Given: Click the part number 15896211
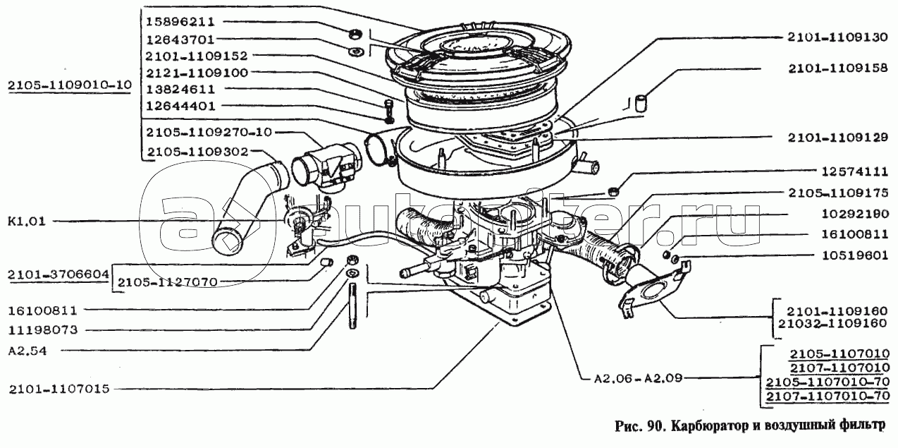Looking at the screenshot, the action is (x=180, y=22).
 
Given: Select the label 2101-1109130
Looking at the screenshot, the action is (x=837, y=37).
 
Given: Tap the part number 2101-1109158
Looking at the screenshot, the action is (x=837, y=68).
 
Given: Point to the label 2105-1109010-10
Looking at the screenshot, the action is (x=70, y=85).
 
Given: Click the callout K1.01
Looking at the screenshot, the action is (x=27, y=222).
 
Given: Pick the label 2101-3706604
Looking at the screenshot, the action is (x=58, y=274).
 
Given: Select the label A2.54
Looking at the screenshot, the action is (x=27, y=351).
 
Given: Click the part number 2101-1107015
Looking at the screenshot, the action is (x=59, y=389).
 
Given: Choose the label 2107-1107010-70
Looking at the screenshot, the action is (x=828, y=396).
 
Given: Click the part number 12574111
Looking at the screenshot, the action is (x=855, y=172).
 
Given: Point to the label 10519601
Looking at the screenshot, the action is (x=855, y=255).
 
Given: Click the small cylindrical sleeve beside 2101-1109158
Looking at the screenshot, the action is (x=641, y=102).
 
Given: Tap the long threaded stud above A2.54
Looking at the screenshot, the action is (x=352, y=306).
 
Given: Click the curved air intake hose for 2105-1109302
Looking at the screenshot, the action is (x=250, y=205).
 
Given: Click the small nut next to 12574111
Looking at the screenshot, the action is (x=614, y=191).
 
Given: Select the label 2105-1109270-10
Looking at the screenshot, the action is (x=209, y=132).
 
